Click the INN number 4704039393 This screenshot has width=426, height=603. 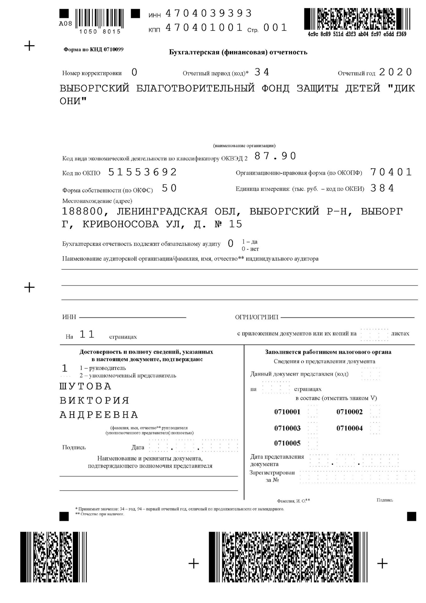208,14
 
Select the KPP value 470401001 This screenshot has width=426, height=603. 204,28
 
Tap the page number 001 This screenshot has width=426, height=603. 275,28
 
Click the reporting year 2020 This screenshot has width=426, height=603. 395,72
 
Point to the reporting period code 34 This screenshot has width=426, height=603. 262,72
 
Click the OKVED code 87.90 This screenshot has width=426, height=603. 275,156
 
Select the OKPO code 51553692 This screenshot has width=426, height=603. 143,172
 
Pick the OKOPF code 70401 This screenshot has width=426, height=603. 391,172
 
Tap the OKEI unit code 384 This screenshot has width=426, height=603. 382,188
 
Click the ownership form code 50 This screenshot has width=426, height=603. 170,188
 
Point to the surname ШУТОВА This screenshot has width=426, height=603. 85,386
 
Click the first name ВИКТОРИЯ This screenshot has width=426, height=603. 94,400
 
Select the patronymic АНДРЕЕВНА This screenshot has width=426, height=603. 99,415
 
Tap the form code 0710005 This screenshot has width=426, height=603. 287,443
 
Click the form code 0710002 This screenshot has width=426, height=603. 349,412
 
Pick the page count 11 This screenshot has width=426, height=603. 87,334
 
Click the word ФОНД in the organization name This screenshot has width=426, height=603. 275,88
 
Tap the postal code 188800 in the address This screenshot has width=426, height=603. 82,211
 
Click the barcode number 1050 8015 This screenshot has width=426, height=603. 100,32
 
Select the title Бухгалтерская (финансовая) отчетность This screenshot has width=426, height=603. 238,52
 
